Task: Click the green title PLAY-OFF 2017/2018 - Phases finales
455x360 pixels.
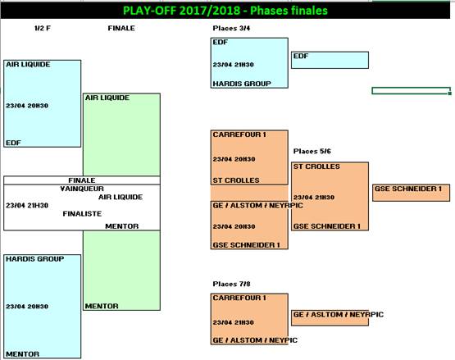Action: click(225, 11)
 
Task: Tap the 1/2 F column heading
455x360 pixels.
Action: click(43, 28)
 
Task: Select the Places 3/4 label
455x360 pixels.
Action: click(231, 28)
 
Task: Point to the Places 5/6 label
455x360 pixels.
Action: click(312, 151)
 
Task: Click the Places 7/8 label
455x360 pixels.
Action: click(231, 284)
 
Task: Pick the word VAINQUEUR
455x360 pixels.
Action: click(82, 189)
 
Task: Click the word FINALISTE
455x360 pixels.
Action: click(82, 214)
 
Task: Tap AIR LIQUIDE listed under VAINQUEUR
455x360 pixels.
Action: click(121, 197)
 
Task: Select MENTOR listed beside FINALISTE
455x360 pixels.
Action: click(122, 226)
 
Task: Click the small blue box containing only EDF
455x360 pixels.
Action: click(330, 60)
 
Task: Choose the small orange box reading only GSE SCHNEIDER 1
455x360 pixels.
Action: click(412, 193)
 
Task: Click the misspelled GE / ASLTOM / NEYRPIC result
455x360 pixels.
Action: click(339, 314)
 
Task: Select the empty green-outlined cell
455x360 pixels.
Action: click(412, 91)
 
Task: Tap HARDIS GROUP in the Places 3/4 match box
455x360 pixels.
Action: click(242, 84)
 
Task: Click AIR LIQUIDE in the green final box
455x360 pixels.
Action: click(107, 98)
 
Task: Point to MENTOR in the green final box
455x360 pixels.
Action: click(102, 306)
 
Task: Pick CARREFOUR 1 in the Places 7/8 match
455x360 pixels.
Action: click(239, 298)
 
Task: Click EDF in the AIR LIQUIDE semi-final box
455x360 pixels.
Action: click(13, 143)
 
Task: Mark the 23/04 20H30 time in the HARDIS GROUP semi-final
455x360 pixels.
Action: click(27, 307)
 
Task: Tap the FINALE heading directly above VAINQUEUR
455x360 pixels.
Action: click(82, 180)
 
